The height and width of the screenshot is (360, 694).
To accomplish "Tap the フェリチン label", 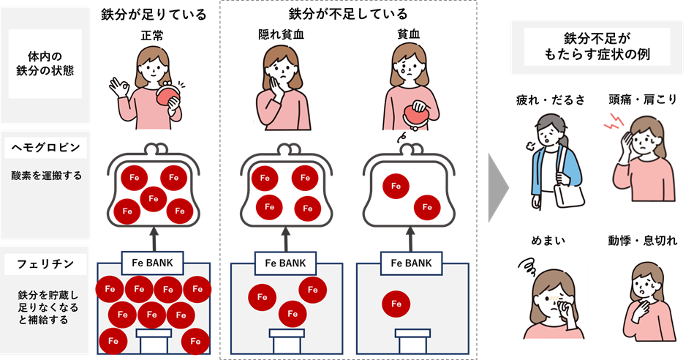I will [x=45, y=262].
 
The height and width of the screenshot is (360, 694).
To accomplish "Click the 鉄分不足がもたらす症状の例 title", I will [x=591, y=47].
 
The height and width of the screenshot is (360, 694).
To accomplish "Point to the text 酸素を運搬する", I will [x=45, y=176].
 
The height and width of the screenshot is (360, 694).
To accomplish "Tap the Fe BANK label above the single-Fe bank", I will [x=407, y=263].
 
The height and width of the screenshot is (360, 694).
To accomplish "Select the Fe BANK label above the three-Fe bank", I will [x=280, y=263].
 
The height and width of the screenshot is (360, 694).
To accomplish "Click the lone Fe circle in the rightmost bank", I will [x=396, y=303].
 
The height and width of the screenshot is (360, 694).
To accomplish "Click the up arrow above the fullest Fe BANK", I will [x=154, y=238].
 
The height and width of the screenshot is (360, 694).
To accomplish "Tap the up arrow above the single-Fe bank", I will [x=407, y=238].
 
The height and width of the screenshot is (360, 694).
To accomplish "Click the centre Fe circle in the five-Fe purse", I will [x=152, y=197].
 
